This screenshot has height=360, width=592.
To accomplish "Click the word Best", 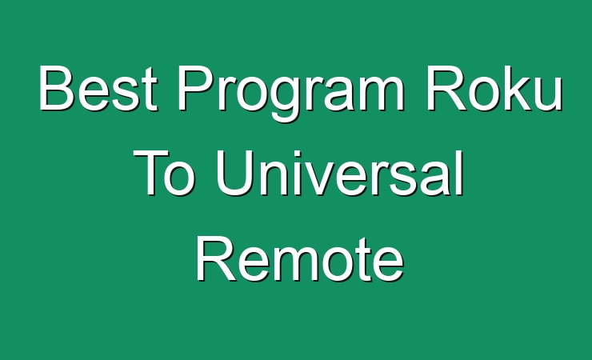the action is coord(98,88).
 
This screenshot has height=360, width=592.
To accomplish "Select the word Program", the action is coord(290,94).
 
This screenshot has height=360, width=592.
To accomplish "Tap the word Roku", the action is coord(494,88).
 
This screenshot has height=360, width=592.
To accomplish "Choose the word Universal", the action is coord(339,172).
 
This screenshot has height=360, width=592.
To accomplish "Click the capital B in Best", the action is coord(57,88).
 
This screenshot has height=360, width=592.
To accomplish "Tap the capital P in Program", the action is coord(196,88).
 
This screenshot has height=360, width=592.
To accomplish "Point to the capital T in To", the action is coord(150,172).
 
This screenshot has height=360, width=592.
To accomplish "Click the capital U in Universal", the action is coord(234,173).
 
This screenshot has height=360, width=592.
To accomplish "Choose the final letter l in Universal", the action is coord(460,172).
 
